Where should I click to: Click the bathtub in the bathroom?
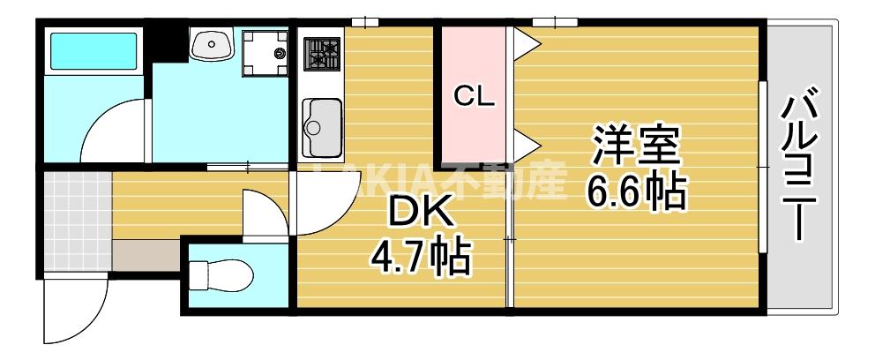pyautogui.click(x=93, y=53)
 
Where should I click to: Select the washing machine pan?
pyautogui.click(x=266, y=52)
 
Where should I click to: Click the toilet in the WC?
pyautogui.click(x=221, y=276)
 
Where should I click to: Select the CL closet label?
pyautogui.click(x=474, y=96)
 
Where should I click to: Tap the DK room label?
pyautogui.click(x=422, y=211)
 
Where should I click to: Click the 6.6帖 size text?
pyautogui.click(x=636, y=191)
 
